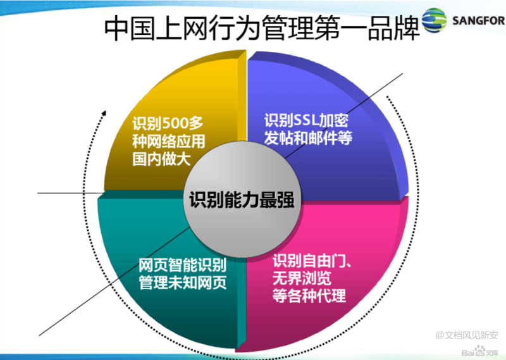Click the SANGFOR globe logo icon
[435, 20]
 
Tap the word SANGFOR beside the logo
[479, 21]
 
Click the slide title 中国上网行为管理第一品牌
[262, 28]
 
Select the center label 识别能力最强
[242, 200]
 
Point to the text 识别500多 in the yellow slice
[168, 123]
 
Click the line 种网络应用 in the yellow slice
[169, 141]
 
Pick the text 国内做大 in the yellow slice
[162, 159]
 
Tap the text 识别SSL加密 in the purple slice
[306, 120]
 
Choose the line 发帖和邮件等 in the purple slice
[308, 138]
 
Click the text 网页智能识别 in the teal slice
[183, 265]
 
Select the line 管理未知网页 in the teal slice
[183, 283]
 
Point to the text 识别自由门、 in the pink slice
[312, 261]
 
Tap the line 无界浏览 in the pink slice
[302, 278]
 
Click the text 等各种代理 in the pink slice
[309, 295]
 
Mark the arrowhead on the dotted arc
[104, 114]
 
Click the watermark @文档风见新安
[467, 335]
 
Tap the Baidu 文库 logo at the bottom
[480, 352]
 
